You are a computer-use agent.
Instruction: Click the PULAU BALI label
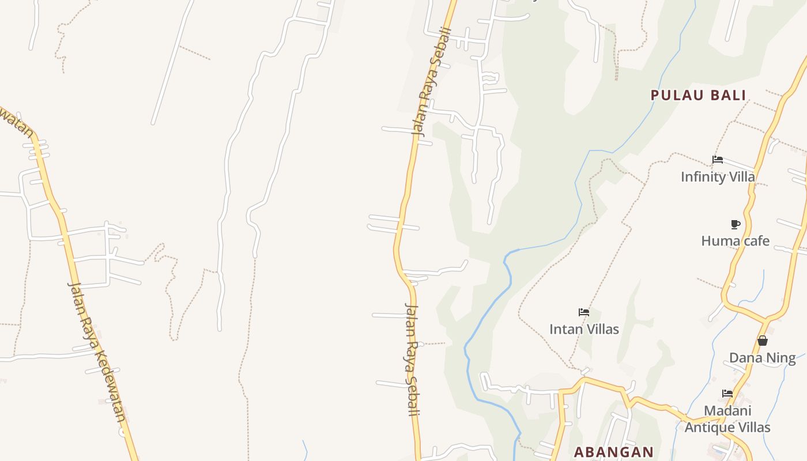pyautogui.click(x=698, y=95)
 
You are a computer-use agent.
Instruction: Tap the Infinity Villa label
pyautogui.click(x=718, y=176)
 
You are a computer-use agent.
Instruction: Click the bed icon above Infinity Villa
pyautogui.click(x=718, y=160)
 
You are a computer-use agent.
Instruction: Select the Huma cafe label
pyautogui.click(x=735, y=240)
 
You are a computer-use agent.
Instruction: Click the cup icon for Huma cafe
pyautogui.click(x=735, y=224)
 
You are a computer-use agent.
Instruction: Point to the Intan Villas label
pyautogui.click(x=584, y=329)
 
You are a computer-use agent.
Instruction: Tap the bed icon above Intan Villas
pyautogui.click(x=584, y=312)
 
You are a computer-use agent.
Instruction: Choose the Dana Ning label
pyautogui.click(x=762, y=358)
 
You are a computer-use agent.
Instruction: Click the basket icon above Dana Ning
pyautogui.click(x=763, y=341)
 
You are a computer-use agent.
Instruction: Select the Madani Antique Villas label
pyautogui.click(x=727, y=419)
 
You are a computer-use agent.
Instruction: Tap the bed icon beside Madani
pyautogui.click(x=727, y=394)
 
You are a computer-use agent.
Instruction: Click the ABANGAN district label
pyautogui.click(x=613, y=452)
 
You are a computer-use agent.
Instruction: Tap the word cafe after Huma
pyautogui.click(x=754, y=240)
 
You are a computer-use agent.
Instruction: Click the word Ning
pyautogui.click(x=782, y=358)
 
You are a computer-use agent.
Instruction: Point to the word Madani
pyautogui.click(x=727, y=411)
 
